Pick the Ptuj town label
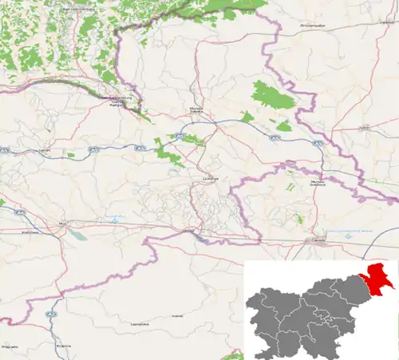(x=61, y=224)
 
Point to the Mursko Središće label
(x=318, y=183)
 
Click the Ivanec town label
(x=177, y=316)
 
